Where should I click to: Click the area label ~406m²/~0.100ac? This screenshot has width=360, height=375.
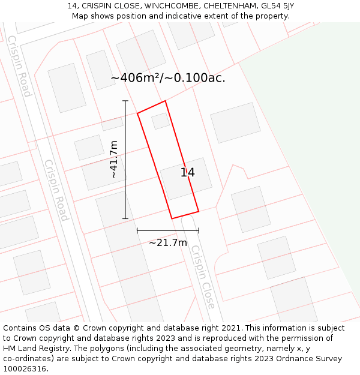coord(168,78)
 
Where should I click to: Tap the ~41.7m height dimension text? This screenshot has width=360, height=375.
coord(114,159)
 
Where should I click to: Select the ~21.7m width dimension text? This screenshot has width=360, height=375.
coord(168,242)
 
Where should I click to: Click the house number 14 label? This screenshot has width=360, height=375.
coord(187,173)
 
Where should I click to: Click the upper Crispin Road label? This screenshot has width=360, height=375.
coord(19,66)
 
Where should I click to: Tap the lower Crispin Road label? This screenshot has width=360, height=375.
coord(56,190)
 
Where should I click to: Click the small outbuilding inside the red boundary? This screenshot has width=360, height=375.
coord(160,121)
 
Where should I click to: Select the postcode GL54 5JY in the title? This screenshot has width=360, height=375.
coord(277,6)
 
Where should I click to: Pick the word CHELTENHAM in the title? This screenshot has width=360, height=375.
coord(230,6)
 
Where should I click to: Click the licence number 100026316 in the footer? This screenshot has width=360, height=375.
coord(25,369)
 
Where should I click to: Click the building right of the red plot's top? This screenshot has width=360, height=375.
coord(235,122)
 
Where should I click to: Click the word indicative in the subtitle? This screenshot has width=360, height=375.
coord(186,16)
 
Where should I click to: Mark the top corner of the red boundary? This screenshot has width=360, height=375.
coord(165,101)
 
